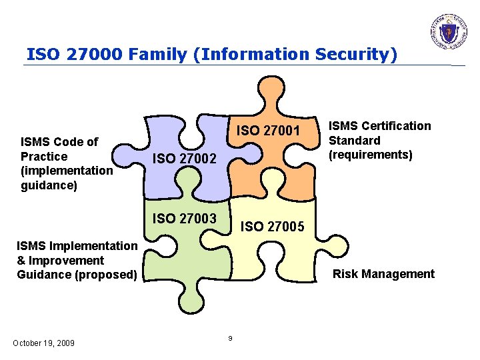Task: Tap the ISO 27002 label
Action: (x=185, y=159)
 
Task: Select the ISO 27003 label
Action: (x=185, y=218)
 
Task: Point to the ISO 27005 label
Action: (x=273, y=227)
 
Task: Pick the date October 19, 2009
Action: (x=44, y=343)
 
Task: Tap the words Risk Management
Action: (x=383, y=273)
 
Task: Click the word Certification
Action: (x=399, y=126)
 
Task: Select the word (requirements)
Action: (x=371, y=155)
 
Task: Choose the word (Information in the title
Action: (x=235, y=53)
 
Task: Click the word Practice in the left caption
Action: (x=44, y=156)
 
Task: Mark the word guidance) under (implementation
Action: (x=49, y=185)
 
